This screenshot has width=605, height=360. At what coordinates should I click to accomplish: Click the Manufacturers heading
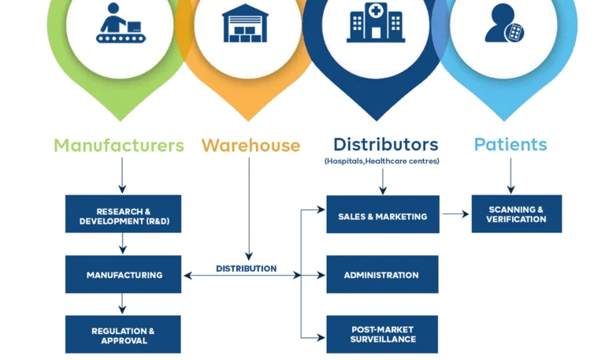click(x=119, y=146)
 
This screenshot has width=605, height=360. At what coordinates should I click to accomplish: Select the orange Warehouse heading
click(x=251, y=146)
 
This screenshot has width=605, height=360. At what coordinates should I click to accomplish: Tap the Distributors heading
click(x=385, y=144)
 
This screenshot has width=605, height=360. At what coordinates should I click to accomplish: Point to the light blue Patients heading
click(x=510, y=145)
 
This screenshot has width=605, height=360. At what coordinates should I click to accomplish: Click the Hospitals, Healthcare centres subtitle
click(x=381, y=161)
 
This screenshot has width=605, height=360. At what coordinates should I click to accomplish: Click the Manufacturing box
click(x=123, y=275)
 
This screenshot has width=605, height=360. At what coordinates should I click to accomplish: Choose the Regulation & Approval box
click(x=123, y=335)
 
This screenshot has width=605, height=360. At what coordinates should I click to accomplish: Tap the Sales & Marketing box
click(x=383, y=215)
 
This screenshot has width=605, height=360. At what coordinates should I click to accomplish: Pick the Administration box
click(x=382, y=275)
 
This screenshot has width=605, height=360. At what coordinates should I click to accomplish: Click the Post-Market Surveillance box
click(x=382, y=334)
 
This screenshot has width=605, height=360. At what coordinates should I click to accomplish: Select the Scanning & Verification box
click(x=516, y=214)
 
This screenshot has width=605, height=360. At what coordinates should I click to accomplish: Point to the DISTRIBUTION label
click(x=246, y=269)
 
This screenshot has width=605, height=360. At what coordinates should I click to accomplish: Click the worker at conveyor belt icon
click(x=120, y=24)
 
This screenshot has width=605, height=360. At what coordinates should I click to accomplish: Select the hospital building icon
click(x=376, y=24)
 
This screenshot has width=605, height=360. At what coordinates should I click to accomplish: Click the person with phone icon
click(x=504, y=24)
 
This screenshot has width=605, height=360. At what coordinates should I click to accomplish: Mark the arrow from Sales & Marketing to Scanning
click(x=455, y=213)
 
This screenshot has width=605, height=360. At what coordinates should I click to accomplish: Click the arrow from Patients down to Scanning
click(x=510, y=175)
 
